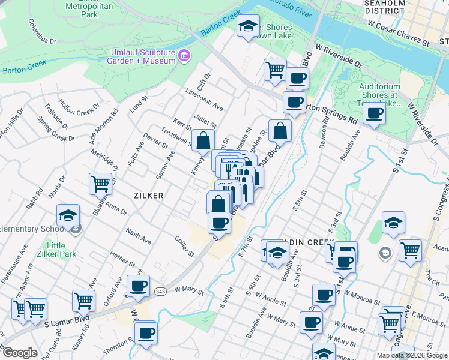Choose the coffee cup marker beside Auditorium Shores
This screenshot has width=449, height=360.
click(374, 113)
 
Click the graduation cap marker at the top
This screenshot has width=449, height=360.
click(248, 26)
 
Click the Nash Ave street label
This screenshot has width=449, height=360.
click(139, 235)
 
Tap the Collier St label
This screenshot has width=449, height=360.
click(184, 246)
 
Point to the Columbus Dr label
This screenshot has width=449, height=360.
click(41, 32)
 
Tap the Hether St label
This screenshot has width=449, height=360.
click(123, 260)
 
